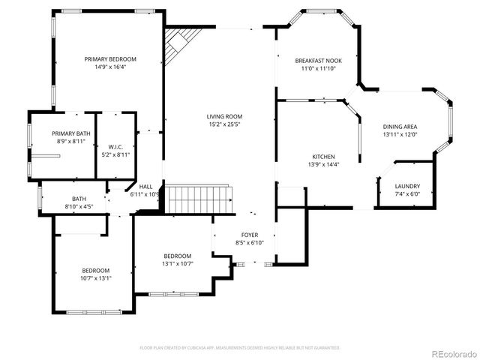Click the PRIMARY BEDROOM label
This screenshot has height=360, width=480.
click(x=110, y=58)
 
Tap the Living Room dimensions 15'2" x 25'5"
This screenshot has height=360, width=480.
click(x=224, y=124)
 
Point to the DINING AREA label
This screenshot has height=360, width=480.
click(x=400, y=127)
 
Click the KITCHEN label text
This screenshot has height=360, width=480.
click(x=323, y=157)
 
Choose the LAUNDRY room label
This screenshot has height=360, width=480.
click(x=407, y=186)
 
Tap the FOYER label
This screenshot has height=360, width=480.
click(x=250, y=235)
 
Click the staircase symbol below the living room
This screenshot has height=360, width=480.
click(x=196, y=200)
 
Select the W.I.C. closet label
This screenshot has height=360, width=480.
click(x=115, y=147)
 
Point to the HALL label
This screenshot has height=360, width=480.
click(x=145, y=187)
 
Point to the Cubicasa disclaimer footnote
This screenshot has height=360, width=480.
click(x=240, y=348)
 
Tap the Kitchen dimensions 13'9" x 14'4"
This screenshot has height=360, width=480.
click(x=323, y=164)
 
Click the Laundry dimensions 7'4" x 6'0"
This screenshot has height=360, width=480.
click(x=407, y=193)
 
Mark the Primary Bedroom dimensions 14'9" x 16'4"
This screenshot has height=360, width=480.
click(x=110, y=66)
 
